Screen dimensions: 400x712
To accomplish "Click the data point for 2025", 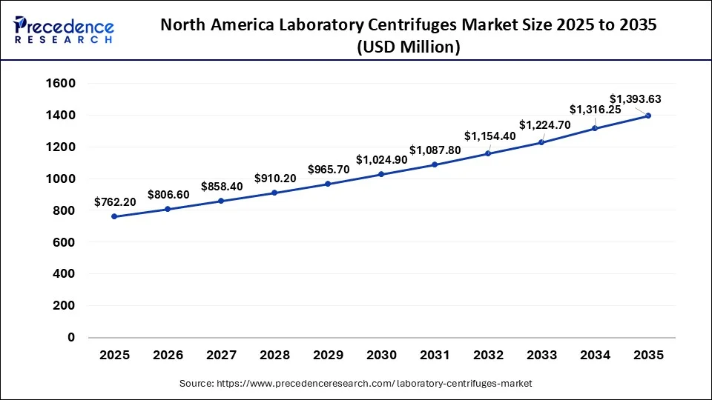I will click(114, 216).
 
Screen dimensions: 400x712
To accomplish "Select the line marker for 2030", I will click(381, 174).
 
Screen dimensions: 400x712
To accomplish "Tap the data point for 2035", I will click(648, 116).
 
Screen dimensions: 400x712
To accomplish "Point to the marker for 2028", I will click(274, 193).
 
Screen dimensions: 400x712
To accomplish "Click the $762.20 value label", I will click(115, 201).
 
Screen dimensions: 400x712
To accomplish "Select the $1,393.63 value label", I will click(635, 99).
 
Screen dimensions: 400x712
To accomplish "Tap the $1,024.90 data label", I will click(381, 159).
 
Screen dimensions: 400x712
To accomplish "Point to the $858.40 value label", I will click(222, 186).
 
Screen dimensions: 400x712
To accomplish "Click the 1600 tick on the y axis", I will click(61, 84).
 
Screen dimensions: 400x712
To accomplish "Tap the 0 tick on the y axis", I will click(70, 337).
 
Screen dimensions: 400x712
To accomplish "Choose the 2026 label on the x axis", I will click(168, 356).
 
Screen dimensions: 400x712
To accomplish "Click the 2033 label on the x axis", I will click(541, 356).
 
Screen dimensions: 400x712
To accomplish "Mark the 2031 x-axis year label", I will click(435, 356).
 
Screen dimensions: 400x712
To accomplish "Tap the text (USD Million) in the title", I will click(408, 47).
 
